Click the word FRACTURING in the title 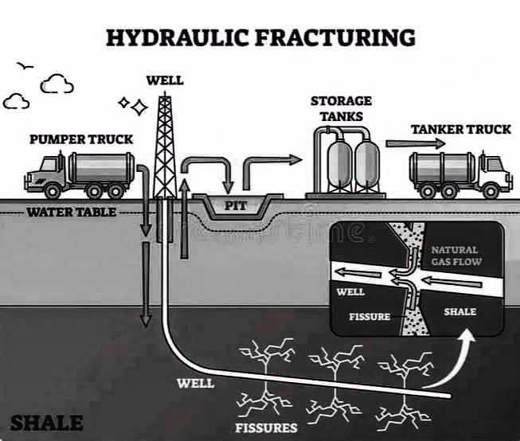(x=335, y=37)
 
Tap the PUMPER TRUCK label (x=81, y=139)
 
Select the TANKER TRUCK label (x=461, y=129)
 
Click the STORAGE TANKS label (x=342, y=108)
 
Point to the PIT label (x=236, y=205)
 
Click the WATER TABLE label (x=72, y=213)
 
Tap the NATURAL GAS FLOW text (x=456, y=256)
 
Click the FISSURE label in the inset (x=369, y=317)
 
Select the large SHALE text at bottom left (x=47, y=423)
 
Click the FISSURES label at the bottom (x=266, y=427)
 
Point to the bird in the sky (x=25, y=66)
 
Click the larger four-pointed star (x=139, y=107)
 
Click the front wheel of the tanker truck (x=491, y=191)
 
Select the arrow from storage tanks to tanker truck (x=416, y=143)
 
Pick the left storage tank (x=339, y=162)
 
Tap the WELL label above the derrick (x=165, y=80)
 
